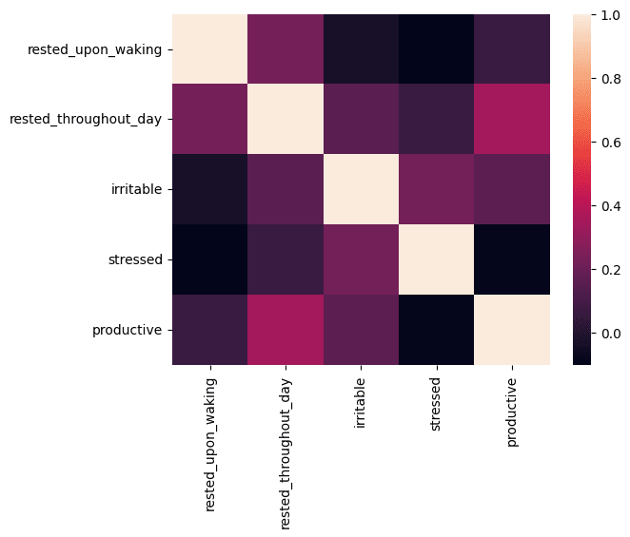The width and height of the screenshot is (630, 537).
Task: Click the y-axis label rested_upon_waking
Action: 94,49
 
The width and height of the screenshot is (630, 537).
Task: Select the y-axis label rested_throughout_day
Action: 86,119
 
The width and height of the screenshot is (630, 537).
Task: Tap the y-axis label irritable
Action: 137,188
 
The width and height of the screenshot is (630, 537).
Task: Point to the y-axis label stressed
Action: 135,259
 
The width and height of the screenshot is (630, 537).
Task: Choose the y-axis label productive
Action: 127,330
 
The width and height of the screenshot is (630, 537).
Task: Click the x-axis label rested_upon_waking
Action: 210,445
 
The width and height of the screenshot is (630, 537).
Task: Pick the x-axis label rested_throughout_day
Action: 285,453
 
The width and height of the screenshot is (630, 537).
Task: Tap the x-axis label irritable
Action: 361,403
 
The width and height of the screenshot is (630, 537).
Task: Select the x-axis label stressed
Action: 436,405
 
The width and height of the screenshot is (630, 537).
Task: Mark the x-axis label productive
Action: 511,412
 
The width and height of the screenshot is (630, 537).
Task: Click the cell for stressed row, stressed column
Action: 437,259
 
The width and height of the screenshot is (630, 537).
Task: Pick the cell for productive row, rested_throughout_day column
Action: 285,330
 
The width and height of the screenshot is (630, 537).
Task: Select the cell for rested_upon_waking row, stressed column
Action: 437,49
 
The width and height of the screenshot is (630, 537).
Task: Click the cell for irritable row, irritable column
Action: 362,189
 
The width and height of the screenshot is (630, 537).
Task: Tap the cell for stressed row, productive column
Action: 512,259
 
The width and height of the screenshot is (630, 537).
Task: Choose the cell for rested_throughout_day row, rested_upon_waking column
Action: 209,119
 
